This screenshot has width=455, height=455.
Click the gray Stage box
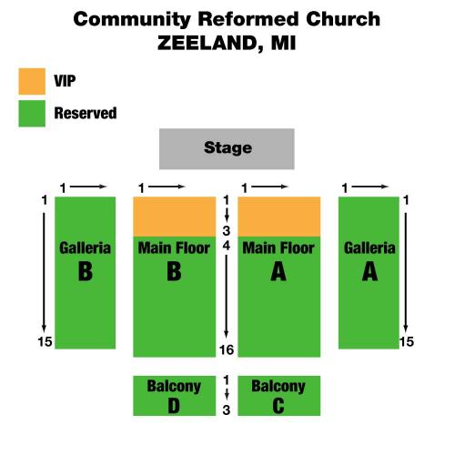227,148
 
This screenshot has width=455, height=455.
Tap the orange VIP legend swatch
32,81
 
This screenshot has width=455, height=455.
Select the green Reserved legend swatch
32,114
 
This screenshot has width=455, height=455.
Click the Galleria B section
85,273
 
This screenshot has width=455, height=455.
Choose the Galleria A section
369,273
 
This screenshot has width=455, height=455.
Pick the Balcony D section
175,396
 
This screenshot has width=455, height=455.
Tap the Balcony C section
278,396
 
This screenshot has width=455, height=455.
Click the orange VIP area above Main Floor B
175,217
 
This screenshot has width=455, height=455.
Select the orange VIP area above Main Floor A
278,217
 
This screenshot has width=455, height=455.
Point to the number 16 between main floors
227,350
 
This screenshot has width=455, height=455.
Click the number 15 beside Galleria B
45,342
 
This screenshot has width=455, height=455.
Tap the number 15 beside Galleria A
407,342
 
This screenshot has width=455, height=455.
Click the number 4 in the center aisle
227,246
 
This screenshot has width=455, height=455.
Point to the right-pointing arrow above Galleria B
88,187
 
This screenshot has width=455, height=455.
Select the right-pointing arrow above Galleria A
369,187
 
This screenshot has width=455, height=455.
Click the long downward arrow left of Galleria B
44,273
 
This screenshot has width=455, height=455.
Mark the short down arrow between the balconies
227,394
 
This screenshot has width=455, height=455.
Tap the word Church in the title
343,19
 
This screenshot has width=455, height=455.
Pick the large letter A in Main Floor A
278,271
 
